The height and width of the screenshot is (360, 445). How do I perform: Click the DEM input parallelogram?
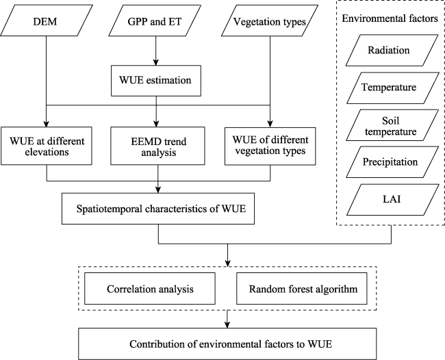tap(47, 21)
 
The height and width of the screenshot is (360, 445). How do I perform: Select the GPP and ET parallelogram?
tap(155, 21)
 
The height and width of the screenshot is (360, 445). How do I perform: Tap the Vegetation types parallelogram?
tap(270, 21)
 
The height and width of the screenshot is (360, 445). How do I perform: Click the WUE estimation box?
tap(156, 81)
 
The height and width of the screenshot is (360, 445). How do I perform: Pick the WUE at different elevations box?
tap(47, 146)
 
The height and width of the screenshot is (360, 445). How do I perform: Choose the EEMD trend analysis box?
tap(157, 146)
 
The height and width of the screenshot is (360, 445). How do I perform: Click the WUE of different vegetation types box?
tap(270, 146)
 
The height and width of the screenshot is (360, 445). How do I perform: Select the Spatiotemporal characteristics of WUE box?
tap(158, 209)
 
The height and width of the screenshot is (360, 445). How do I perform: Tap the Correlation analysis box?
tap(150, 289)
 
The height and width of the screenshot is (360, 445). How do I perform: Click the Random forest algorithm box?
tap(302, 289)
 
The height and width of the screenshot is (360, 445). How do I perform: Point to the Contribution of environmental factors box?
tap(227, 344)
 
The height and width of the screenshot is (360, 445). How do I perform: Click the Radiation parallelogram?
tap(392, 51)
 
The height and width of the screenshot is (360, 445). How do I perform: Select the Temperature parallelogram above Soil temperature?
tap(392, 88)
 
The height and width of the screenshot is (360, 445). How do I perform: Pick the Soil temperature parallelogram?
tap(392, 125)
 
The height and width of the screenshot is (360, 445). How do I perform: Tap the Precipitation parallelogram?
tap(392, 162)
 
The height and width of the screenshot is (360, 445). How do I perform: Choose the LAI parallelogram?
tap(392, 200)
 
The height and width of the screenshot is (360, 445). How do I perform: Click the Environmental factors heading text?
tap(390, 18)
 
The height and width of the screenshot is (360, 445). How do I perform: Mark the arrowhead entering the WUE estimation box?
tap(156, 62)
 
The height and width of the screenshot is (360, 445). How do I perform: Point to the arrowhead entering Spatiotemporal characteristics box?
tap(158, 190)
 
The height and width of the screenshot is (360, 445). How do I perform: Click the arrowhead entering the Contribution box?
tap(227, 325)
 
